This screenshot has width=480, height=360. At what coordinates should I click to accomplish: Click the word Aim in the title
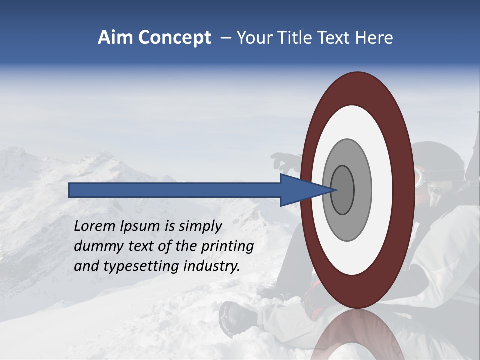coord(114,38)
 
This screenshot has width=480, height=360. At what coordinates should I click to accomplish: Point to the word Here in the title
coord(374,38)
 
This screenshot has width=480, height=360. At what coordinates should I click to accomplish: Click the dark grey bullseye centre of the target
coord(343,190)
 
